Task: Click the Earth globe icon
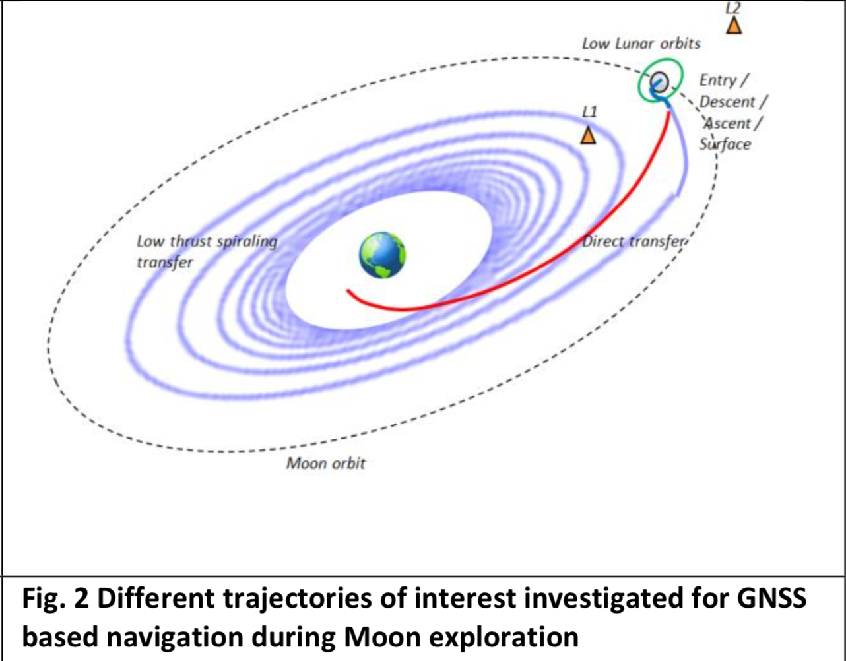(382, 255)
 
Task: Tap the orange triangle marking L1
(588, 135)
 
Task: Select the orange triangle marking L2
(734, 25)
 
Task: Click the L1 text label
(589, 112)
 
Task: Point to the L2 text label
(733, 8)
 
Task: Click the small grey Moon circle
(659, 82)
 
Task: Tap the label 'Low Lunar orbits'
(641, 44)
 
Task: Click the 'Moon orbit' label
(326, 463)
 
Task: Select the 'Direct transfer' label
(634, 241)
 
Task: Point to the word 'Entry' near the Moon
(718, 80)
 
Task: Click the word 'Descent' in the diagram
(727, 102)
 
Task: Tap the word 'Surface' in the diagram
(725, 144)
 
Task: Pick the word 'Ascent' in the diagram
(727, 123)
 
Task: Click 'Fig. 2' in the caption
(55, 598)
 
